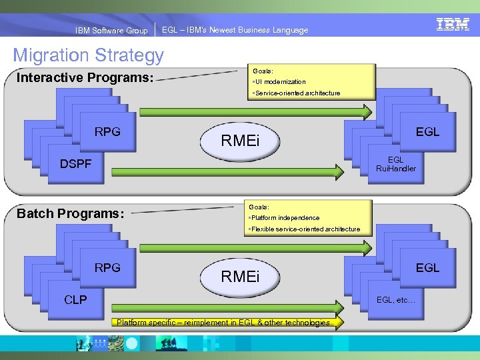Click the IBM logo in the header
(453, 25)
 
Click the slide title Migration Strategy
(88, 55)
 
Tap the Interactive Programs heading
(85, 77)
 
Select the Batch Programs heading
(70, 213)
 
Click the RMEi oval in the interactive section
(240, 141)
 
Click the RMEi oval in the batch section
(240, 276)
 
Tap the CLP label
(75, 300)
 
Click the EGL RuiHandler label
(395, 164)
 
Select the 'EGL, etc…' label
(396, 300)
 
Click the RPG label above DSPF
(107, 131)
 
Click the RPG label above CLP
(107, 267)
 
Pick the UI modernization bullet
(278, 82)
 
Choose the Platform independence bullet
(284, 218)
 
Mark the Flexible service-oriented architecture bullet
(304, 229)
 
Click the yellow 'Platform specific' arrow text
(223, 323)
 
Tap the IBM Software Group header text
(111, 31)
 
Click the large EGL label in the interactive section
(427, 131)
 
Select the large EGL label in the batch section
(427, 267)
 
